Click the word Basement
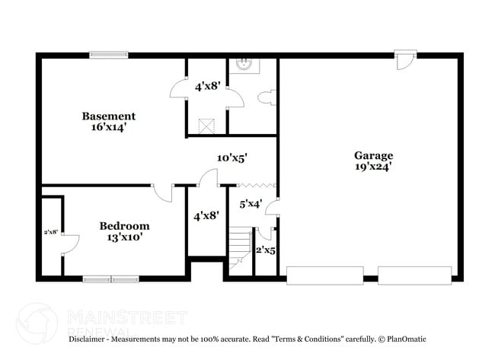(x=109, y=116)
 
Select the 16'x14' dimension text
(x=109, y=128)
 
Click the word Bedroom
(x=124, y=226)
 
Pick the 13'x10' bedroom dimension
(x=124, y=237)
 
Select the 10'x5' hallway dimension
(x=232, y=158)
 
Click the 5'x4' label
(x=251, y=204)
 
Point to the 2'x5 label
(x=264, y=250)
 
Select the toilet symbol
(x=267, y=98)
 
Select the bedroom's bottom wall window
(x=111, y=279)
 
